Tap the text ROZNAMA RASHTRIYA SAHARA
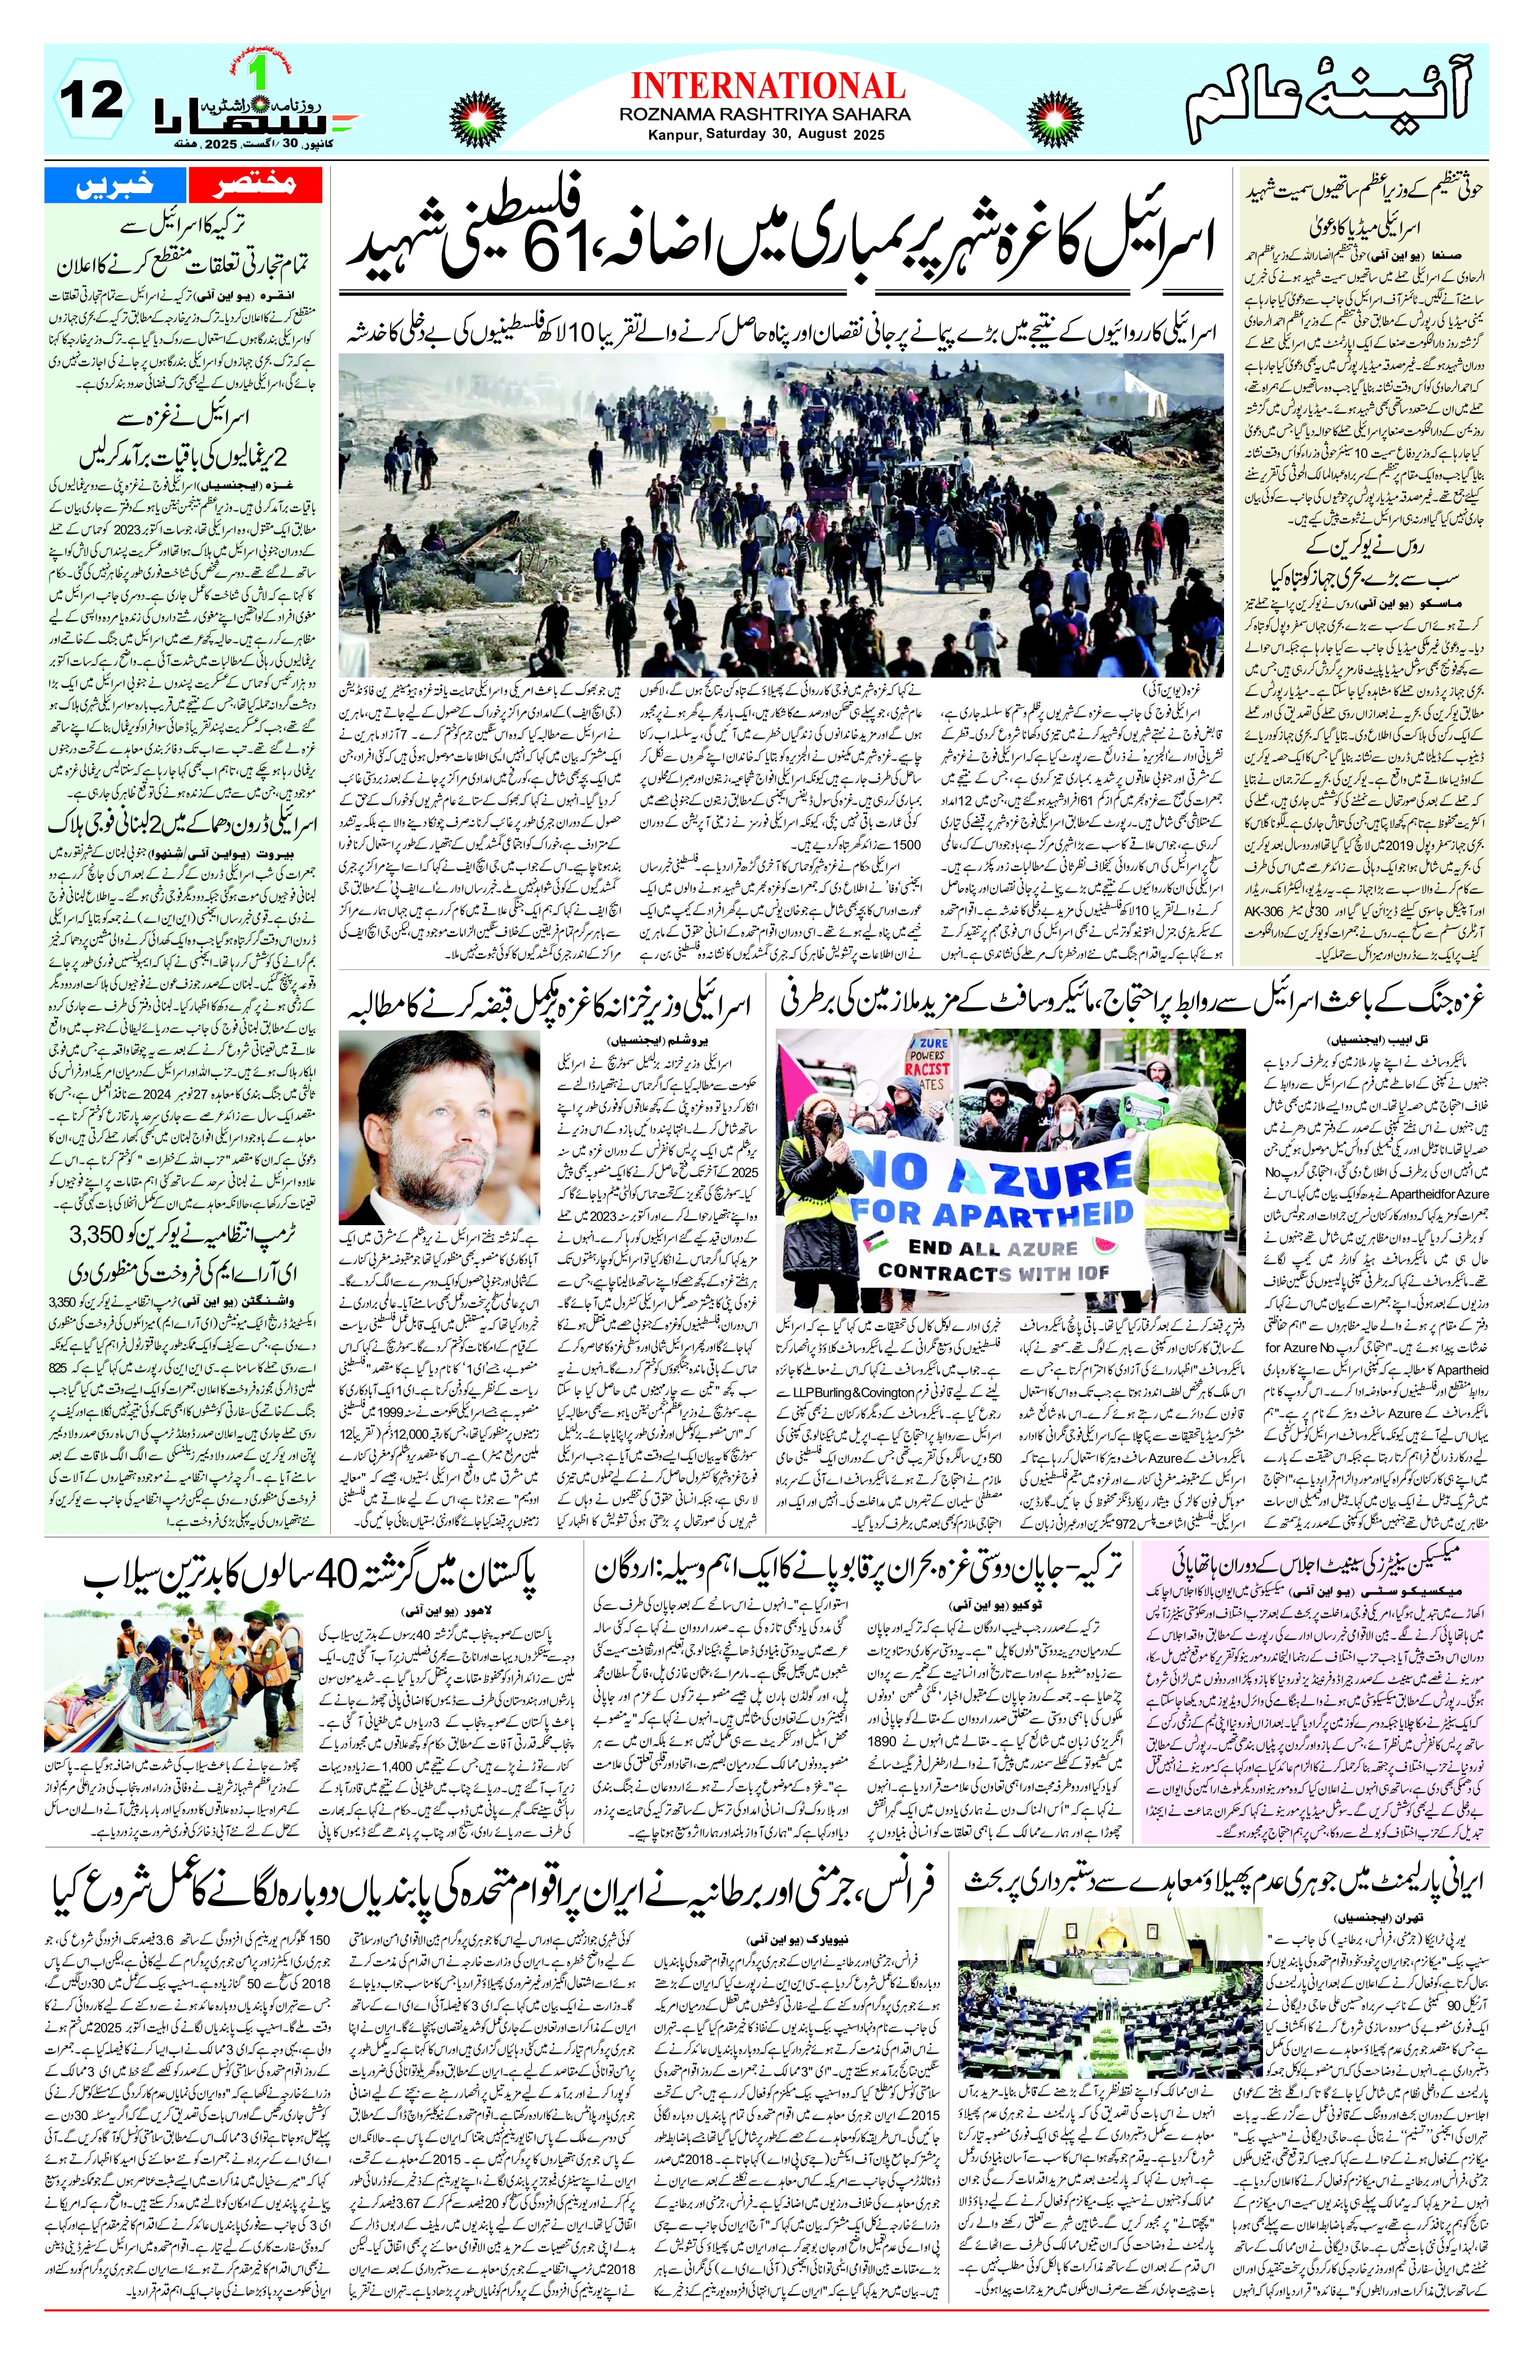(x=766, y=115)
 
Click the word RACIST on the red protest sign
(x=927, y=1069)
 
